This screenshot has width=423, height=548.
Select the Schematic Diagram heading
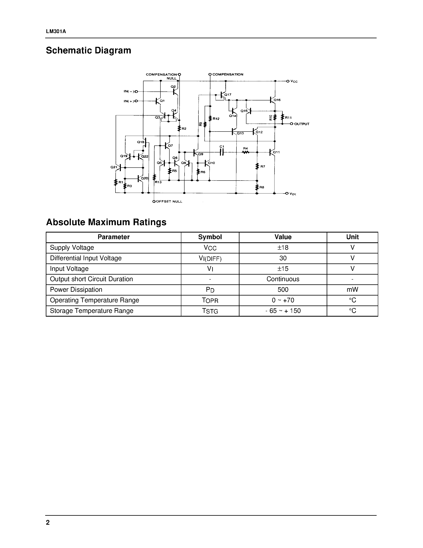88,50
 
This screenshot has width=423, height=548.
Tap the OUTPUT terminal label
302,124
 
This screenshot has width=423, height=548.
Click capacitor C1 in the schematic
222,152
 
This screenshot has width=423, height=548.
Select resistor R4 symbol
246,152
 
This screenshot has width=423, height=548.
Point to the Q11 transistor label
276,152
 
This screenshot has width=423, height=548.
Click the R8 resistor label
262,187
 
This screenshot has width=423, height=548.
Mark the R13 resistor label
158,182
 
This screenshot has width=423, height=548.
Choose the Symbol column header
210,237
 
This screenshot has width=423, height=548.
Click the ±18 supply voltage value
283,248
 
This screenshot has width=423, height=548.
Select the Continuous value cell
283,279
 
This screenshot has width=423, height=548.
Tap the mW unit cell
352,290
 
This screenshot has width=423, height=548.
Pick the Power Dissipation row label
76,290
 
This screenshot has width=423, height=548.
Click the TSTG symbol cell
210,311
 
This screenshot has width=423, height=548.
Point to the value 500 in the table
283,290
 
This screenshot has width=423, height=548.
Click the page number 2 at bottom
48,522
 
